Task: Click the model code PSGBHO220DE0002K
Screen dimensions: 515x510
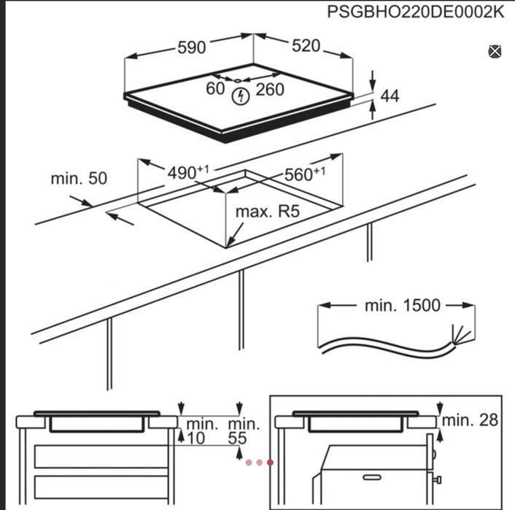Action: [x=416, y=12]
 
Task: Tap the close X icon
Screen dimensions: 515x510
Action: [x=495, y=52]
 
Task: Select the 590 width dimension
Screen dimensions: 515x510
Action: [x=191, y=47]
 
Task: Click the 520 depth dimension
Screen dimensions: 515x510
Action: [x=306, y=46]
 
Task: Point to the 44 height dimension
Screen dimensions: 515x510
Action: [x=390, y=96]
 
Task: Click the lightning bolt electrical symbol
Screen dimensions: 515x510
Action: [x=241, y=96]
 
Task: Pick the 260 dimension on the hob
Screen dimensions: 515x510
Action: [x=270, y=90]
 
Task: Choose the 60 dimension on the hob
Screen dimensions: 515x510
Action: [x=215, y=88]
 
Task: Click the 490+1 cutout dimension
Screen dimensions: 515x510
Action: [x=188, y=172]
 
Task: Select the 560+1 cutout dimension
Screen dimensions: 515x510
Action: [x=305, y=174]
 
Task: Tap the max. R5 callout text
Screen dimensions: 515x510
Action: [x=268, y=212]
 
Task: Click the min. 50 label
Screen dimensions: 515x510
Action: [x=79, y=179]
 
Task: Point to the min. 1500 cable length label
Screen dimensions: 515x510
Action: [x=403, y=305]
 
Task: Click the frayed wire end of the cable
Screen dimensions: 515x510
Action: [x=462, y=334]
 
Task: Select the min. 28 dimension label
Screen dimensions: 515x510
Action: [x=470, y=420]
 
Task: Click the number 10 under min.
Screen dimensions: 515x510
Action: [x=196, y=438]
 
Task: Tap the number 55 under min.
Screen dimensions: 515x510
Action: [x=238, y=438]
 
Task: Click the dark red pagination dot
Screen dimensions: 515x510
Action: [x=270, y=463]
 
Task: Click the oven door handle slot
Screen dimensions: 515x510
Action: [x=372, y=477]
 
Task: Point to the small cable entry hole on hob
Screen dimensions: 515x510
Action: [x=238, y=80]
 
